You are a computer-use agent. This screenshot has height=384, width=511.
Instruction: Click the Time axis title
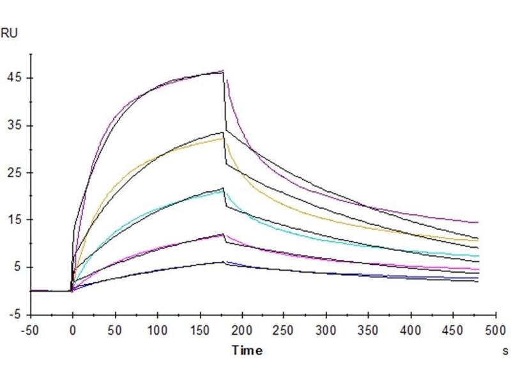tap(247, 350)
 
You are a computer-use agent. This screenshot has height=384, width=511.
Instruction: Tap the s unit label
tap(505, 351)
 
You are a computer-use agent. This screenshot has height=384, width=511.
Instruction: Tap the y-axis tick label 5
tap(17, 268)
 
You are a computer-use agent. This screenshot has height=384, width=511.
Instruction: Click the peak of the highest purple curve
tap(222, 70)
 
